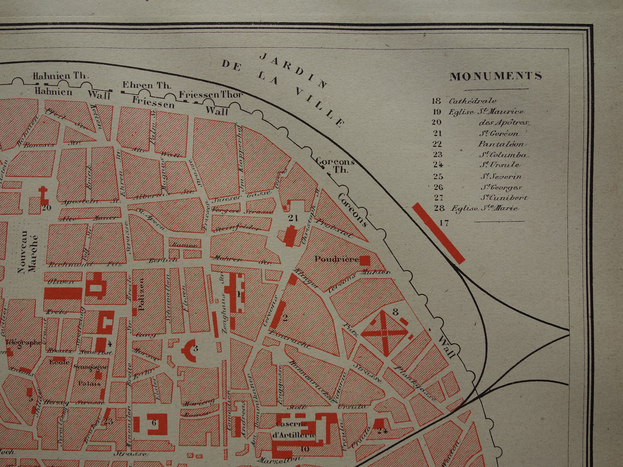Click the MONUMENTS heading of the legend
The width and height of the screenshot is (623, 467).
coord(496,76)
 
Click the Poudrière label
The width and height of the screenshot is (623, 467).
coord(336,259)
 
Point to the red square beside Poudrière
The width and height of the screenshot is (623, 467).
coord(365,260)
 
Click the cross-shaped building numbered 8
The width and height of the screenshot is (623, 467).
coord(384,332)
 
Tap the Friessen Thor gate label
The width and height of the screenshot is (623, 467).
coord(211,95)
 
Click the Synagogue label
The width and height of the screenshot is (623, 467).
coord(90,367)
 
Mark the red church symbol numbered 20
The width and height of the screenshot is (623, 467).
coord(44,196)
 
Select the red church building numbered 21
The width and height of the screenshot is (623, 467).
coord(291,235)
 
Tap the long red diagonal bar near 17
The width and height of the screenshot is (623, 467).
coord(438,233)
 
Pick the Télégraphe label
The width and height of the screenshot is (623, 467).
coord(24,342)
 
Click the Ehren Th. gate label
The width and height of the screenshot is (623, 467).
coord(146,85)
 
